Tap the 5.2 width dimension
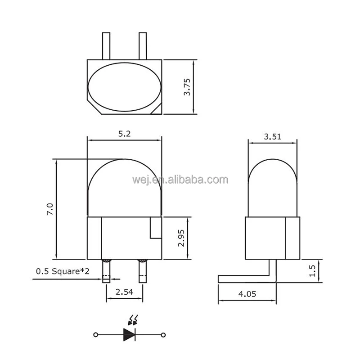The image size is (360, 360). [x=124, y=134]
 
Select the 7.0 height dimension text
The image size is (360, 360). [x=50, y=209]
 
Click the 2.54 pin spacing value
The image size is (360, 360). [x=124, y=292]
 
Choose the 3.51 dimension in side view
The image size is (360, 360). [x=272, y=137]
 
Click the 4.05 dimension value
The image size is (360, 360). [x=247, y=294]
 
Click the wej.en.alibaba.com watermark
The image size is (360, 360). [x=180, y=180]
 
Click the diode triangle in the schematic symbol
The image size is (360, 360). [x=130, y=334]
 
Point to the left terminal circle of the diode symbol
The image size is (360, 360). [x=95, y=335]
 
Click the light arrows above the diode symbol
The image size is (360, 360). [x=133, y=320]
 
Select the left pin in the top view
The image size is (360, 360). [x=106, y=45]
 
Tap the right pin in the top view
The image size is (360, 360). [x=143, y=45]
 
